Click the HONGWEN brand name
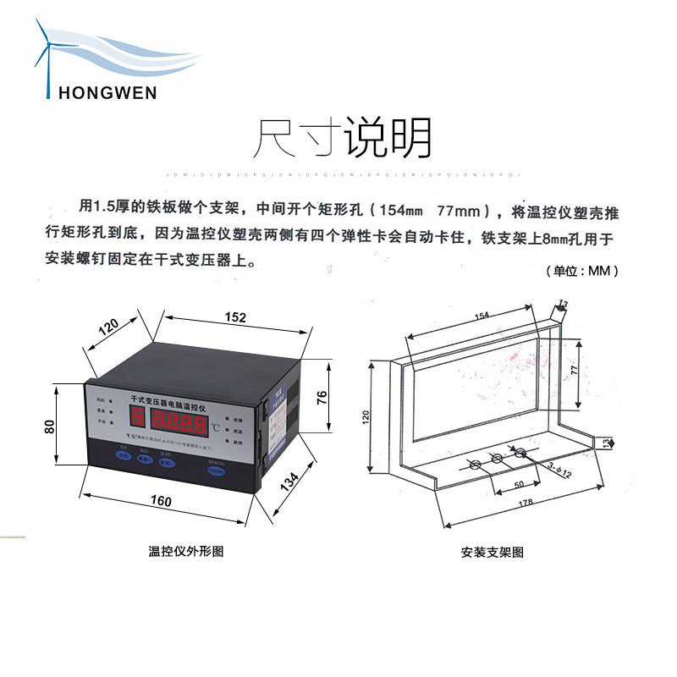point(107,91)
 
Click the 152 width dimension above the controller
point(236,317)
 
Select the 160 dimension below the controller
point(161,501)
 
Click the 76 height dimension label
point(322,397)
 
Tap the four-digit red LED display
point(179,417)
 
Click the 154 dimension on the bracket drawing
point(482,316)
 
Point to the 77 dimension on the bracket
point(572,371)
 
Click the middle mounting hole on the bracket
point(498,458)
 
